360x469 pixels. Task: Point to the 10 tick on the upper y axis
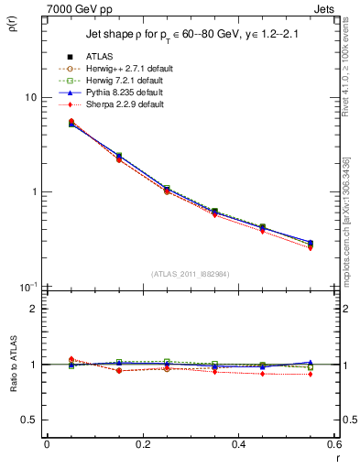29,98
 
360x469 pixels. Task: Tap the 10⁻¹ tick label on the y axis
27,287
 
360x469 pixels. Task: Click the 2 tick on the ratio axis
33,309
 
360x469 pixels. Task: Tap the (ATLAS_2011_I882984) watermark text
190,274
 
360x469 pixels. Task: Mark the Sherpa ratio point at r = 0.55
311,374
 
